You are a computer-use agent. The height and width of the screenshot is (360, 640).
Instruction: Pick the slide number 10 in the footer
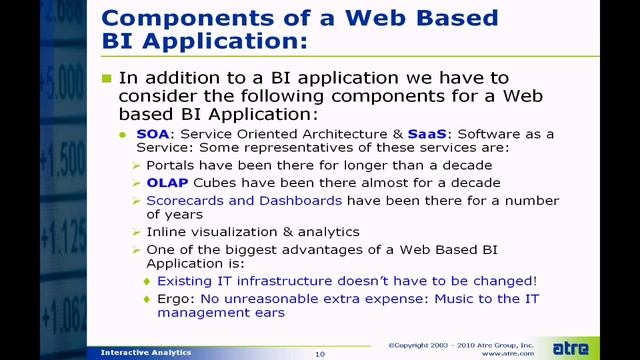320,353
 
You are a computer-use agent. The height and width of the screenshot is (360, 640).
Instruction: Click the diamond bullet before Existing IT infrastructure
149,281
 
